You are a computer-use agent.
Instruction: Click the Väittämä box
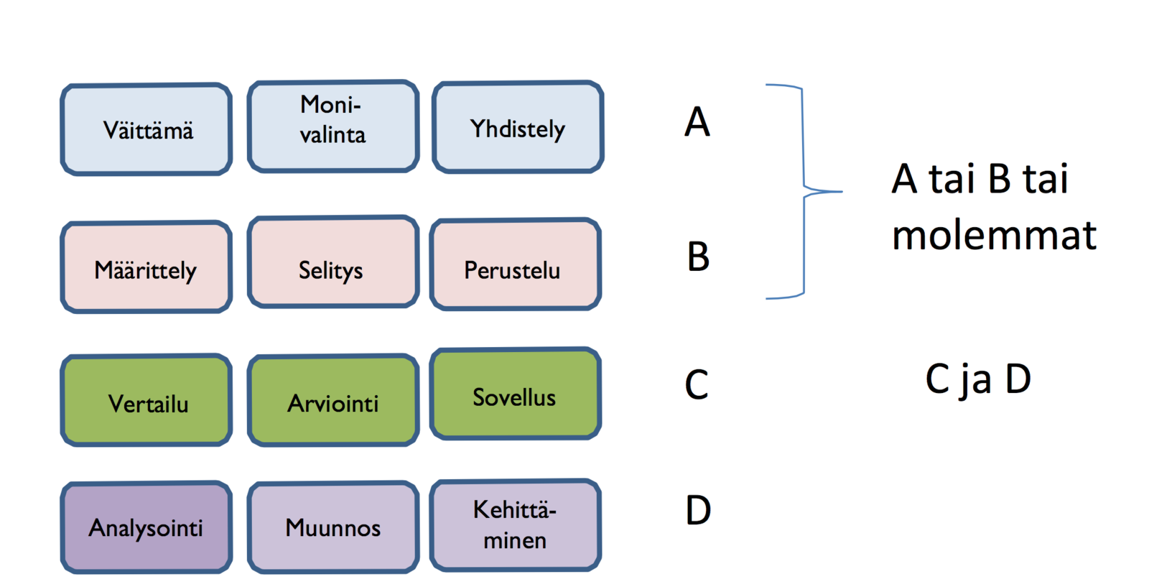coord(146,129)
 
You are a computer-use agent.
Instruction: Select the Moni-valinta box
coord(332,126)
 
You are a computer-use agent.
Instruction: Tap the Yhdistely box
coord(518,127)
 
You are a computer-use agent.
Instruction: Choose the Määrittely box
coord(146,267)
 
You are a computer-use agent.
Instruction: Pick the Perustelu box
coord(515,265)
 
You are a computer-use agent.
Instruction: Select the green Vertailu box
coord(146,400)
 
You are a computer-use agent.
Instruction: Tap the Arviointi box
coord(332,400)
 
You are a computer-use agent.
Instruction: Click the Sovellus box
coord(515,394)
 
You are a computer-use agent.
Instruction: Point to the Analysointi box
coord(146,527)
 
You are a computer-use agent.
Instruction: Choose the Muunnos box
coord(332,527)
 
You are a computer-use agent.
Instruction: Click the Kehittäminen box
coord(515,525)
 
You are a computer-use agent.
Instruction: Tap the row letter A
coord(697,121)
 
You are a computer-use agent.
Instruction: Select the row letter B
coord(698,256)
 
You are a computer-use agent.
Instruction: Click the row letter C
coord(697,384)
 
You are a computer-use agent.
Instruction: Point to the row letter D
coord(698,510)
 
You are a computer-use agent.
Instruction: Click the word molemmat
coord(994,235)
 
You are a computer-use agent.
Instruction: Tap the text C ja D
coord(978,379)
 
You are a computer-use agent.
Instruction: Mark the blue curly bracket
coord(804,191)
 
